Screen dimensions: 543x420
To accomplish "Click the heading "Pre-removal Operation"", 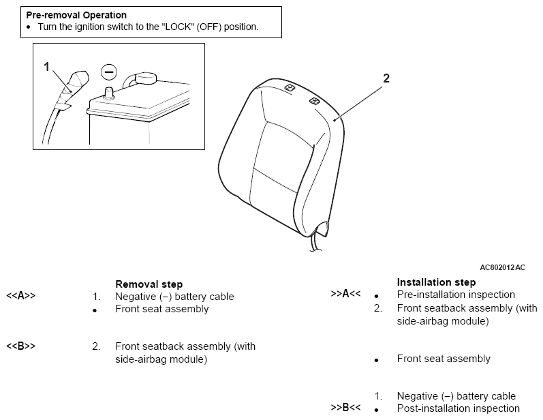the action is coord(76,15).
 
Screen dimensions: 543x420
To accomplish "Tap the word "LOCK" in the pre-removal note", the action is coord(178,27).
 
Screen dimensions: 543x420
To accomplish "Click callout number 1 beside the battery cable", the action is coord(47,67).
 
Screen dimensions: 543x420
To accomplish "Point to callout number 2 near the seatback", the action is coord(386,78).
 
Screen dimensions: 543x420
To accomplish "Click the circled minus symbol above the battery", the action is coord(109,72).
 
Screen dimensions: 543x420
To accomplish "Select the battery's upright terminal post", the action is coord(110,93).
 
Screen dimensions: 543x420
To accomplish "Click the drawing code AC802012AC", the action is coord(503,267).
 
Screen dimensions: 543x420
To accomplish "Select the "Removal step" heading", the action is coord(149,284).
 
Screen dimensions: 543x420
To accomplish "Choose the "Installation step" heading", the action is coord(436,282).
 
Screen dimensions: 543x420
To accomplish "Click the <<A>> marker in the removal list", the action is coord(20,296).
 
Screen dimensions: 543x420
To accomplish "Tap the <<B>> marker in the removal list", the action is coord(20,346).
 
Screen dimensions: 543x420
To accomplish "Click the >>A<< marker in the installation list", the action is coord(345,293).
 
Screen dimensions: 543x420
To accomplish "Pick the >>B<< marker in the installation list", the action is coord(345,408).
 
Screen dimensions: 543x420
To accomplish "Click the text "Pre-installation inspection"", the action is coord(456,295).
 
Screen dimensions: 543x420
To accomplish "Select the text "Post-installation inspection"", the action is coord(458,408).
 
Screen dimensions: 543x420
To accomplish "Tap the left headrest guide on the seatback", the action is coord(290,87).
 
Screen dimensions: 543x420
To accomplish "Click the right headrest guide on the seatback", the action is coord(315,101).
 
